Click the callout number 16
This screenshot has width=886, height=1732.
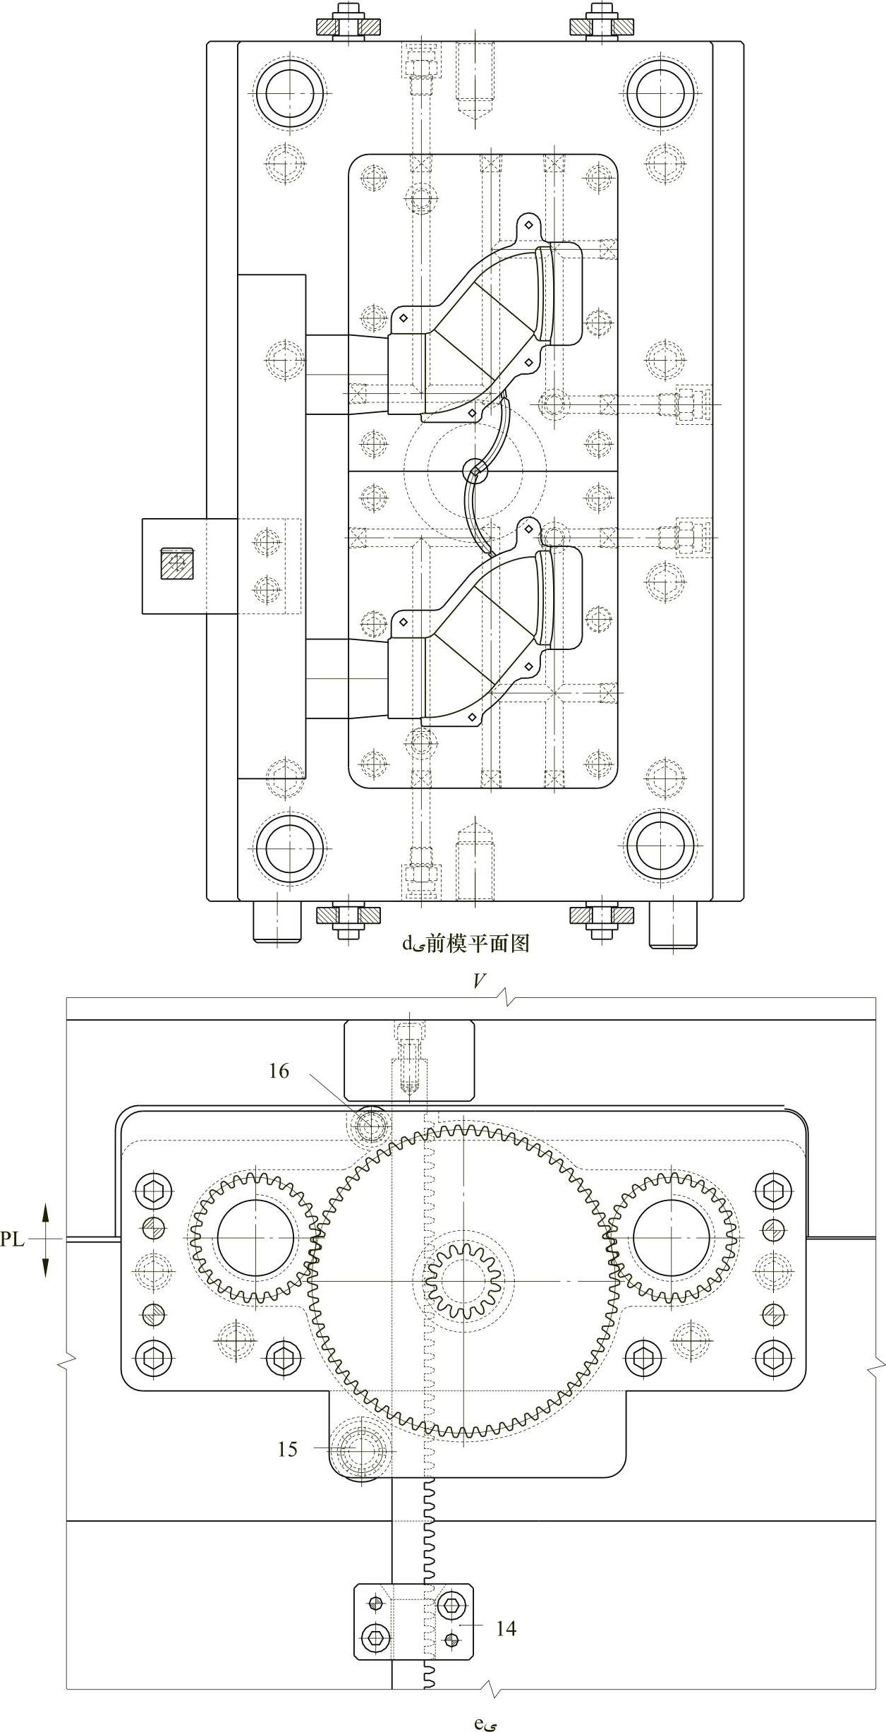click(279, 1071)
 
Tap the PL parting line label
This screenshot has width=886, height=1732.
click(12, 1239)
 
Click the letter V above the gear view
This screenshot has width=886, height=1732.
click(480, 982)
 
